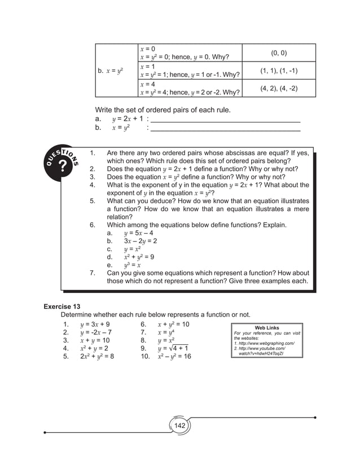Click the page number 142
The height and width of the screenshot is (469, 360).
[x=179, y=425]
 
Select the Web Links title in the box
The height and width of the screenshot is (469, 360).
[x=267, y=327]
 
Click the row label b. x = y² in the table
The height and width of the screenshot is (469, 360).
[x=111, y=71]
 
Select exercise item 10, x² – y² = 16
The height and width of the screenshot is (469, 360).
[x=174, y=357]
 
